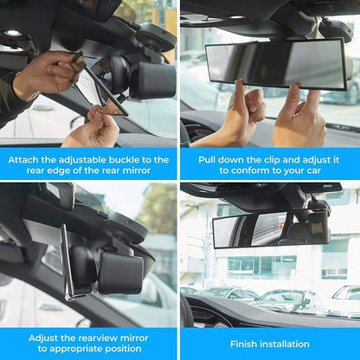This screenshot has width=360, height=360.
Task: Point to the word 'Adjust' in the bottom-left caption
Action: tap(43, 338)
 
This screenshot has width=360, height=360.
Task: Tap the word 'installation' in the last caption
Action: tap(285, 344)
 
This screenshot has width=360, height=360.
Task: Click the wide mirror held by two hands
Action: tap(276, 64)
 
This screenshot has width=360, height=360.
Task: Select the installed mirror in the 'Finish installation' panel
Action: tap(272, 228)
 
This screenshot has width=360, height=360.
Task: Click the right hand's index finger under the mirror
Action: tap(295, 97)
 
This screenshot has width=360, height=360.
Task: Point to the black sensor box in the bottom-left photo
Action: tap(121, 273)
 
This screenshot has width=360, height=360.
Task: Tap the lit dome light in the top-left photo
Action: tap(13, 34)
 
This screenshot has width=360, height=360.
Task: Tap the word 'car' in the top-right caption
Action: tap(313, 170)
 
